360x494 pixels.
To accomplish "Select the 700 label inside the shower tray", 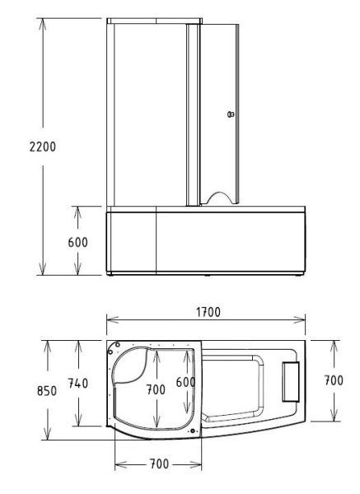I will coord(157,389).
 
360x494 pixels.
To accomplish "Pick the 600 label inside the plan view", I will coord(187,384).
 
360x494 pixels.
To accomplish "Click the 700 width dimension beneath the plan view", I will coord(157,464).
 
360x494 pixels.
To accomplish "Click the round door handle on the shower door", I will coord(231,114).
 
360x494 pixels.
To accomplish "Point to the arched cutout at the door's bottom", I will coord(221,197).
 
